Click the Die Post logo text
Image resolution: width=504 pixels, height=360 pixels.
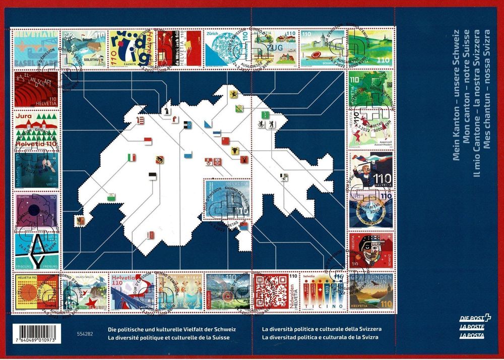click(475, 318)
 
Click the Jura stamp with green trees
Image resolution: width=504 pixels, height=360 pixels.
click(36, 130)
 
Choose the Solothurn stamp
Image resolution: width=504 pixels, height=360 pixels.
click(84, 48)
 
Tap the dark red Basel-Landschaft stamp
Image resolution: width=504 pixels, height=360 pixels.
click(36, 89)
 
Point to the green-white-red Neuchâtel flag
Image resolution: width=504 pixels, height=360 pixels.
click(132, 157)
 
